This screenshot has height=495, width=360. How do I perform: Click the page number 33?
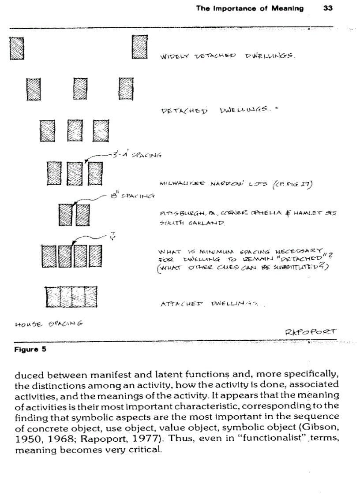328,8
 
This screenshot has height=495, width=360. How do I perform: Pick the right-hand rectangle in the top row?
139,47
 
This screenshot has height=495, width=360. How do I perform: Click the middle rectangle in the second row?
80,89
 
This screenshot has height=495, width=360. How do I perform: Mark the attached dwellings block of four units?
71,297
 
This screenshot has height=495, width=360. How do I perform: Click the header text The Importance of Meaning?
250,8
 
